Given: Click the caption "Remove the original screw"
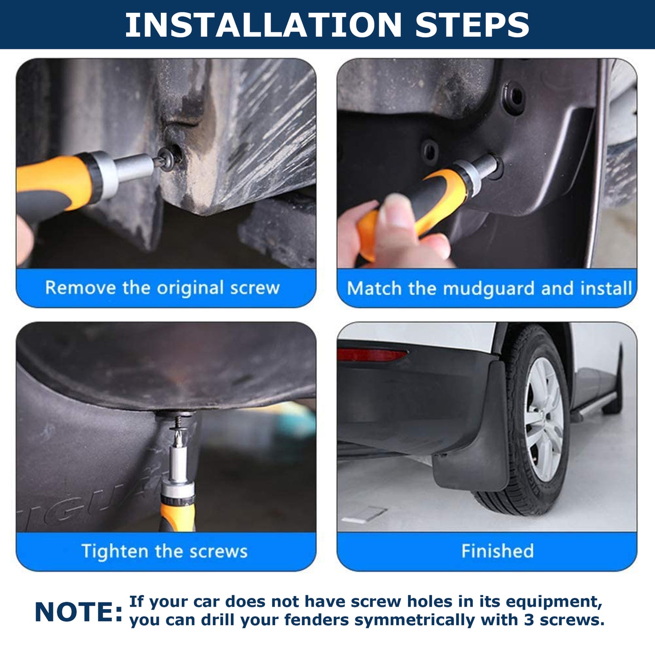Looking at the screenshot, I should (x=162, y=288).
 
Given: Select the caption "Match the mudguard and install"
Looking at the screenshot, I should (x=489, y=288).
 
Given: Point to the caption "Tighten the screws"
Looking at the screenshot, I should (x=165, y=551).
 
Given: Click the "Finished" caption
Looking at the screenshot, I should (x=497, y=551).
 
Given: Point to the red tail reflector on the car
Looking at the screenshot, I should (x=371, y=355).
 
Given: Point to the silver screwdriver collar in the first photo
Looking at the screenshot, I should (x=105, y=174).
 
